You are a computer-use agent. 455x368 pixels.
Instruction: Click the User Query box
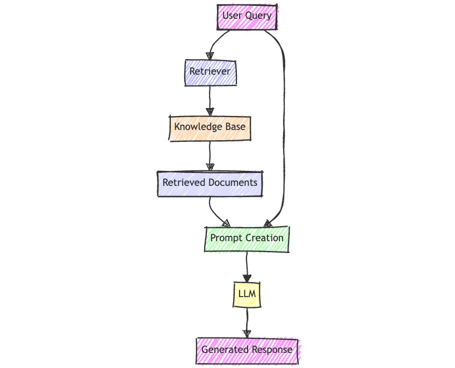click(x=247, y=16)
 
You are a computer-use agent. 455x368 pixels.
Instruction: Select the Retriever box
click(x=210, y=71)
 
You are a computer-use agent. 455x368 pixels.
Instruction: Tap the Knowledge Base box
click(x=210, y=127)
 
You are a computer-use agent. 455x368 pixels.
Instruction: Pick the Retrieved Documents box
click(x=210, y=183)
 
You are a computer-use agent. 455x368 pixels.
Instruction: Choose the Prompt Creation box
click(x=247, y=238)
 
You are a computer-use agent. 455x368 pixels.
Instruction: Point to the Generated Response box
click(x=247, y=350)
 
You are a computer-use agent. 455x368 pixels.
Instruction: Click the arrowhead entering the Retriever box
click(x=210, y=56)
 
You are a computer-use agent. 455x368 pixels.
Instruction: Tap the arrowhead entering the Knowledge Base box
click(x=210, y=112)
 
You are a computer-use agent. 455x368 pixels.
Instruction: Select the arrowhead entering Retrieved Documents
click(x=210, y=167)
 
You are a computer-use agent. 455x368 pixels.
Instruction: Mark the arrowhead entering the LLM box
click(x=247, y=278)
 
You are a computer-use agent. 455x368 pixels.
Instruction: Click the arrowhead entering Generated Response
click(x=247, y=334)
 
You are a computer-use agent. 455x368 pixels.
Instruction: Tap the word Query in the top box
click(x=258, y=16)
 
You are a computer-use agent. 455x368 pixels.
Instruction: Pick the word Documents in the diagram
click(x=233, y=183)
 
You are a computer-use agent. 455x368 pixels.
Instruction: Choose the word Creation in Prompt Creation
click(x=264, y=238)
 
